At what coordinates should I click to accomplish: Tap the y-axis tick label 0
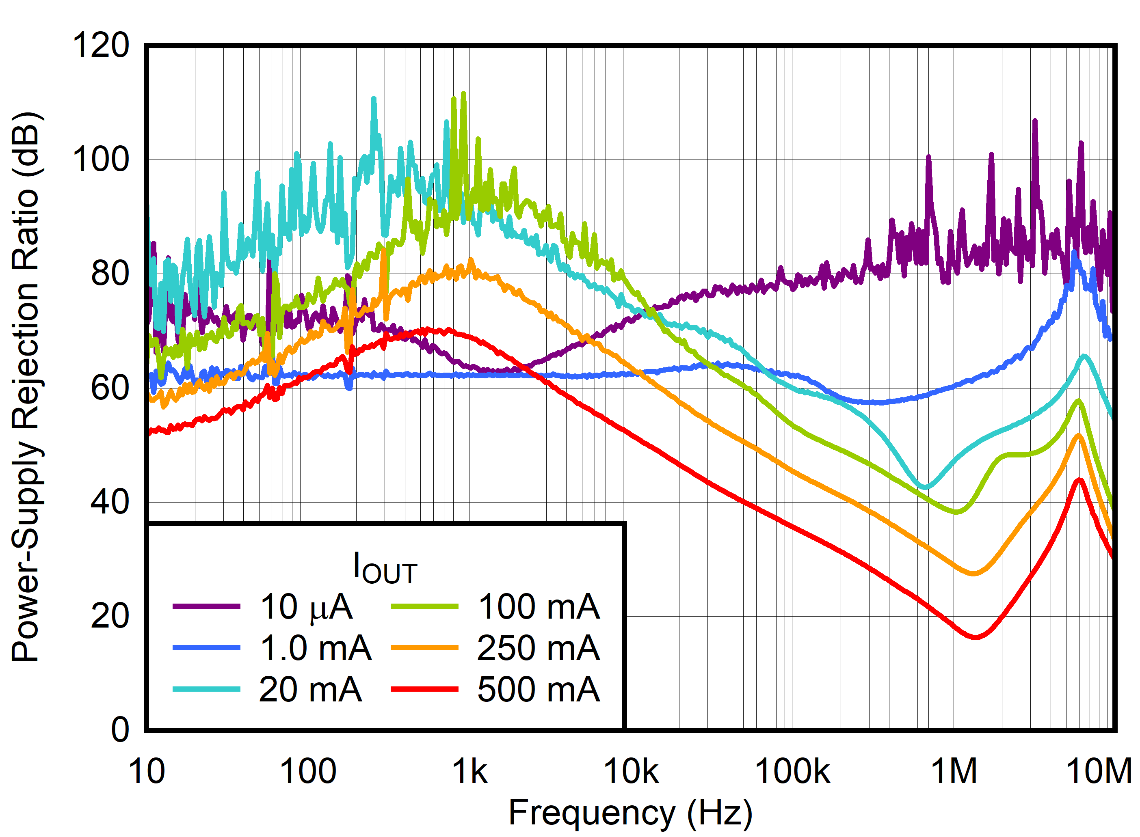click(120, 730)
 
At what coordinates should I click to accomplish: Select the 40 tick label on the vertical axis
click(110, 502)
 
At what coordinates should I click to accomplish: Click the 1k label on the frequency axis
click(469, 772)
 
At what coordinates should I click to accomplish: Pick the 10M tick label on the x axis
click(1099, 772)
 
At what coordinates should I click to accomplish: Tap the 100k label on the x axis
click(792, 772)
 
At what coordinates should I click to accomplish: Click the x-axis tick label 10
click(147, 772)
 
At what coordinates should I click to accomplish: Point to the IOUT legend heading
click(385, 568)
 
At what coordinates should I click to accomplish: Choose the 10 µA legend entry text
click(306, 606)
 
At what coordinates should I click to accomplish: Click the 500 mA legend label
click(538, 689)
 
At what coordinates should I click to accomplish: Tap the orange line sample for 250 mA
click(424, 647)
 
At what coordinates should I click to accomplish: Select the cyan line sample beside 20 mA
click(206, 689)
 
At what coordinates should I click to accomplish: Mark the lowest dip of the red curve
click(975, 637)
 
